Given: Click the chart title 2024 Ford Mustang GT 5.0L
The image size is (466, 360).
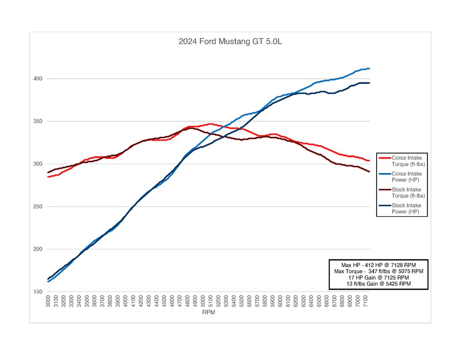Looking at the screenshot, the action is tap(230, 42).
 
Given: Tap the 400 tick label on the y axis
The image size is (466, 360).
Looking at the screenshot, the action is tap(38, 79).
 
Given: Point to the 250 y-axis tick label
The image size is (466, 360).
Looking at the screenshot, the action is tap(38, 207).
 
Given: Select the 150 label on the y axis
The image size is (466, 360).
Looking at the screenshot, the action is tap(38, 292).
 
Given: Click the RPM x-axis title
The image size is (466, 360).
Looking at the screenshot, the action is tap(209, 312).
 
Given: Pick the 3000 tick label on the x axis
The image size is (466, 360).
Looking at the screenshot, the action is tap(48, 301).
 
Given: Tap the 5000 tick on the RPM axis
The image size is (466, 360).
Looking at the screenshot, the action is tap(203, 301).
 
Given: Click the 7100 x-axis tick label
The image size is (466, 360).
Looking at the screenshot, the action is tap(365, 301).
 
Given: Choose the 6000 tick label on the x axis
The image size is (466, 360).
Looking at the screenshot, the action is tap(280, 301).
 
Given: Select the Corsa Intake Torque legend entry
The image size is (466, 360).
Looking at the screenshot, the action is tap(402, 161).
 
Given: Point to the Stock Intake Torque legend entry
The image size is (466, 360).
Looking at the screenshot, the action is tap(402, 193).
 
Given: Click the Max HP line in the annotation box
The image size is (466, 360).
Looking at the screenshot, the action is tap(379, 265).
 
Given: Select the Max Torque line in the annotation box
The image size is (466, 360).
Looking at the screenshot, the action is tap(379, 271).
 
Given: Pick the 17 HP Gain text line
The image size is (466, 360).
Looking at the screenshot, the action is tap(379, 278).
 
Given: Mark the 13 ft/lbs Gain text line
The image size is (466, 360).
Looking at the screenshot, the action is tap(379, 284).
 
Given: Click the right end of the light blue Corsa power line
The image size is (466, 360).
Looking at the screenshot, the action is tap(369, 69).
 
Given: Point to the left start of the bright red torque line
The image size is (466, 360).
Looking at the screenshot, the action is tap(48, 177).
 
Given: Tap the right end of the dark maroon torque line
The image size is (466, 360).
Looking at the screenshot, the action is tap(369, 172).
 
